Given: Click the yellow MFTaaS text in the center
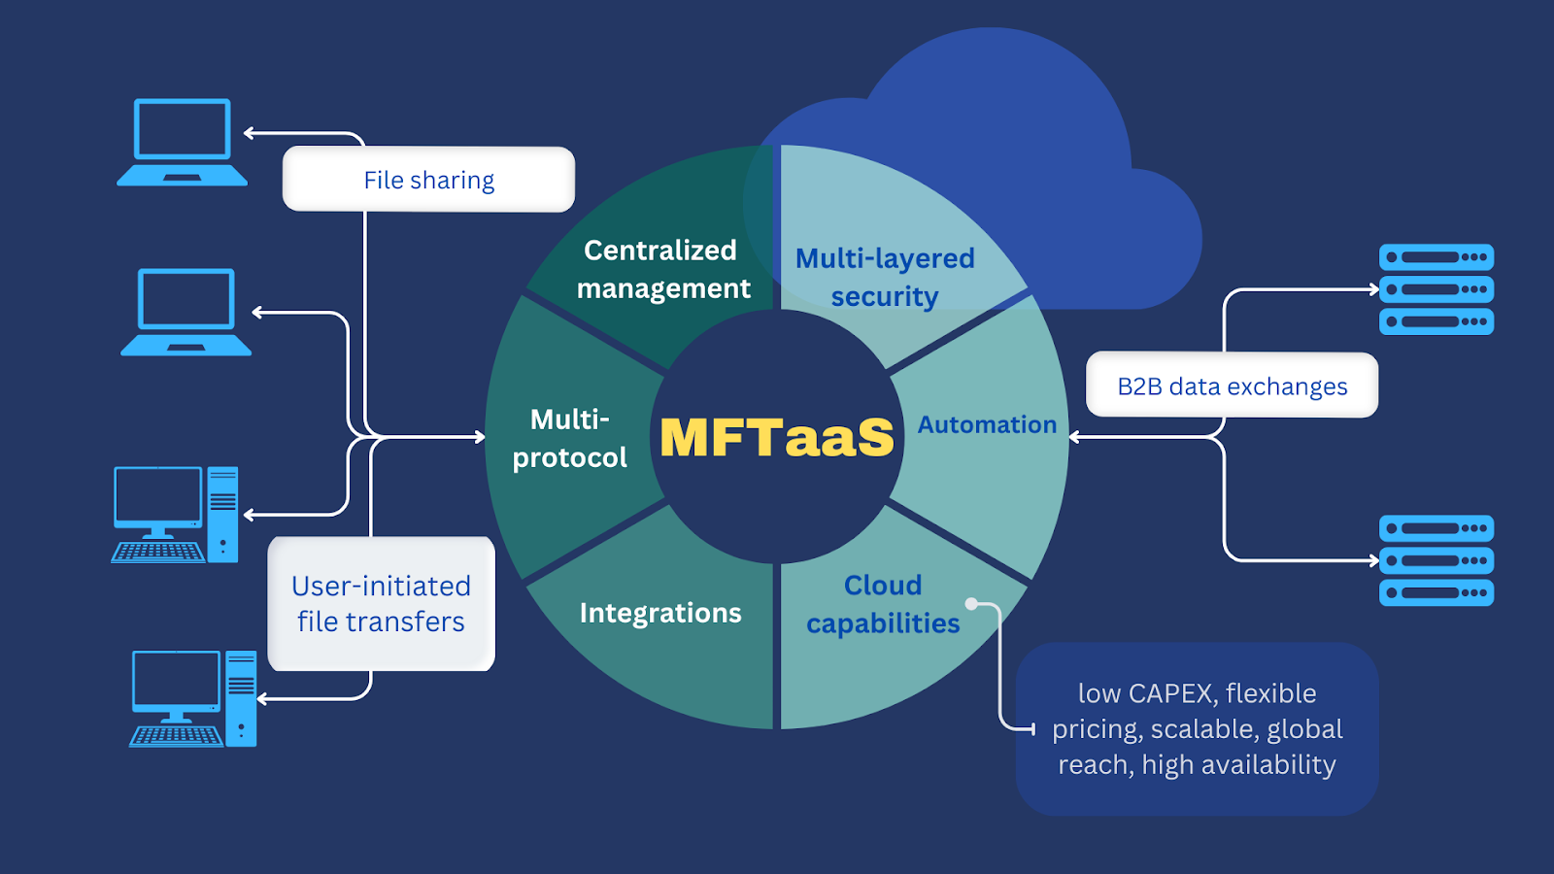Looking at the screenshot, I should tap(776, 437).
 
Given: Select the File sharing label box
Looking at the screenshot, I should tap(428, 180).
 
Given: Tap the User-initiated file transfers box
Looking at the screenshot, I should tap(381, 603).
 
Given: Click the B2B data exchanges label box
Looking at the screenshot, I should tap(1232, 386).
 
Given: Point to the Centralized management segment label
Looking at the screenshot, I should tap(663, 269).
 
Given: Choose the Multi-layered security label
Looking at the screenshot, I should tap(885, 277).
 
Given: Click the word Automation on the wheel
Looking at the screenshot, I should tap(987, 424).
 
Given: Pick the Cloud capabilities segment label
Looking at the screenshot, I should tap(883, 604).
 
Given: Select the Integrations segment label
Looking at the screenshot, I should tap(660, 613).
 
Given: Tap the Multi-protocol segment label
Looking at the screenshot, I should tap(570, 438).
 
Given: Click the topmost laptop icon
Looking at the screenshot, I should tap(183, 142).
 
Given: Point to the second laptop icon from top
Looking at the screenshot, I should tap(186, 312).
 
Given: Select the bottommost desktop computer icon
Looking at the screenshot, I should tap(193, 698).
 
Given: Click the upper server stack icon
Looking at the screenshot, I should tap(1436, 289).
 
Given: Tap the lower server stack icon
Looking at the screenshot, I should tap(1436, 560).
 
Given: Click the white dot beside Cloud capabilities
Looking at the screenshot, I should tap(970, 604).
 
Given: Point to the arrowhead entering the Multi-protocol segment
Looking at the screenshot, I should tap(480, 437).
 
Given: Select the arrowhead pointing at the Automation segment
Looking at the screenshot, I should tap(1075, 437).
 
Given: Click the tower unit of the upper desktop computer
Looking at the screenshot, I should tap(222, 514).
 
